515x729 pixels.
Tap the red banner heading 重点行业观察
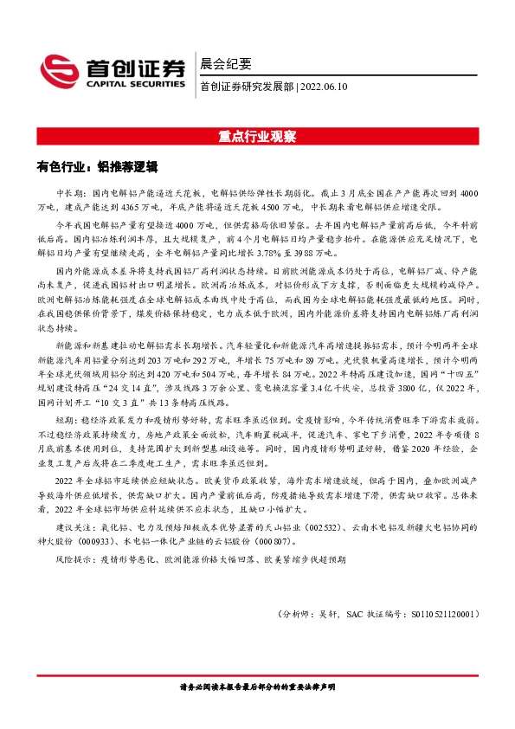tap(257, 137)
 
